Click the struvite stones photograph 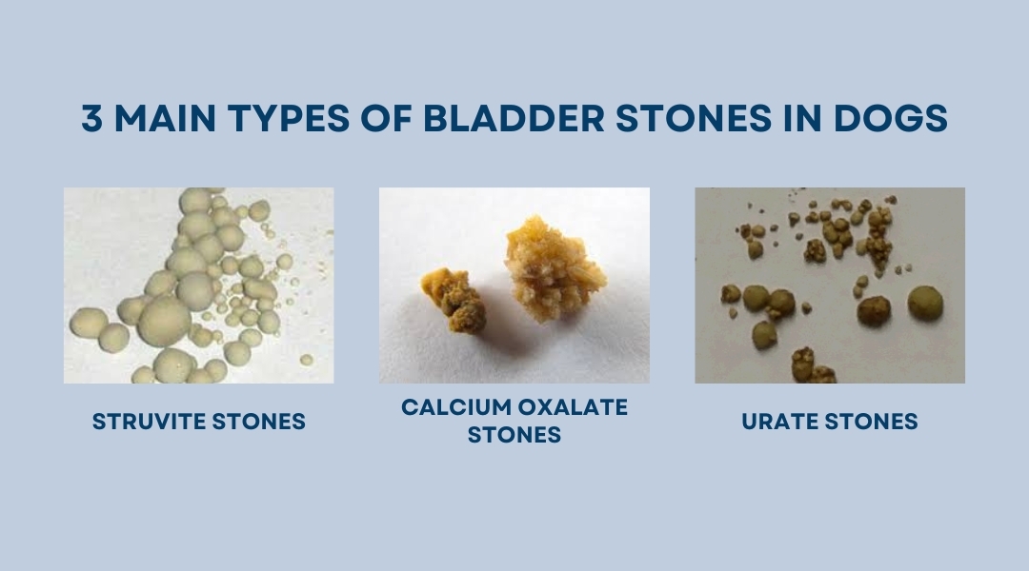(198, 285)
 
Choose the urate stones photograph (829, 285)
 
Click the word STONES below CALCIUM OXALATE (514, 436)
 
